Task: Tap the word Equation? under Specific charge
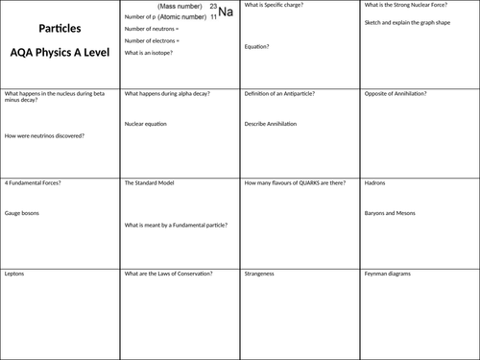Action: click(x=256, y=46)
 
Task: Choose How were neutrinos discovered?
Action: click(x=44, y=135)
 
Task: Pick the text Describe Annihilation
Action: click(x=273, y=124)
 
